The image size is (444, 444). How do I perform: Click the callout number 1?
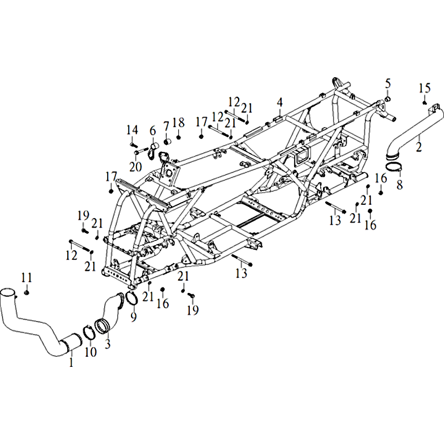[71, 362]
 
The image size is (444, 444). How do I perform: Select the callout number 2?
[418, 147]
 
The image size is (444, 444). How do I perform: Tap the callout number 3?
[107, 344]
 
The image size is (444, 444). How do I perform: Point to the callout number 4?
[280, 102]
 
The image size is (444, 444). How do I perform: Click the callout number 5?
[387, 84]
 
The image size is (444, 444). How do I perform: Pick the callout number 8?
[400, 185]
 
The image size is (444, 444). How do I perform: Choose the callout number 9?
[133, 316]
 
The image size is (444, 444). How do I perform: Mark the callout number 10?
[90, 352]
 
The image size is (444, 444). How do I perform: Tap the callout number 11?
[27, 277]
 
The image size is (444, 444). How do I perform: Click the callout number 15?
[425, 88]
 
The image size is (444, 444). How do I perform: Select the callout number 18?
[178, 123]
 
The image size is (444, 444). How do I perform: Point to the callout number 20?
[135, 167]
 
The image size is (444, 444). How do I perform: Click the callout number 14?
[132, 130]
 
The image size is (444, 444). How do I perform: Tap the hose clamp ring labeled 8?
[395, 168]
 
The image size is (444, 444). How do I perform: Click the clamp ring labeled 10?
[88, 332]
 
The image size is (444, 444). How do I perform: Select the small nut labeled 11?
[26, 292]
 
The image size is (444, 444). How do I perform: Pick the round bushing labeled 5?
[387, 99]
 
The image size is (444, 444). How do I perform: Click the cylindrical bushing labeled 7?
[168, 141]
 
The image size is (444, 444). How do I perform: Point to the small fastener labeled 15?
[425, 103]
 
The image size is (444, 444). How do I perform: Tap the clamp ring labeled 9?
[132, 298]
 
